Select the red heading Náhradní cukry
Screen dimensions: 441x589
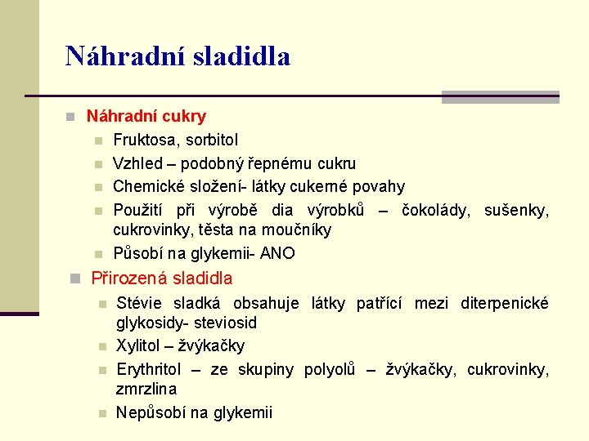tap(146, 117)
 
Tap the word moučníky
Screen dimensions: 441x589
tap(299, 230)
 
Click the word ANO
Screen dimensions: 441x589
tap(277, 253)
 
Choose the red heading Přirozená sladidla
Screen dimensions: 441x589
tap(161, 278)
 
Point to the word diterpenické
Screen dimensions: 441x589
tap(504, 304)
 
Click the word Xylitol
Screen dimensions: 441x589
tap(139, 346)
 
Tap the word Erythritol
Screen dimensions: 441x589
tap(149, 369)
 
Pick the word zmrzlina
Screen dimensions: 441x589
tap(146, 390)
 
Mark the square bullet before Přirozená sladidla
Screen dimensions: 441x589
tap(76, 278)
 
